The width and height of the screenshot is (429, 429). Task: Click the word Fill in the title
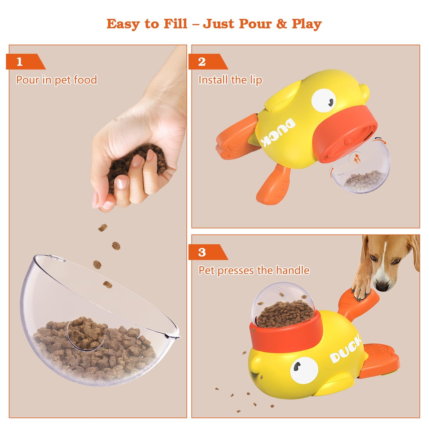[x=175, y=24]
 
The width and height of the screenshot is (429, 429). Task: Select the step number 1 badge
[x=20, y=62]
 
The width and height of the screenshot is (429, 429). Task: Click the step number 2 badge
[x=202, y=62]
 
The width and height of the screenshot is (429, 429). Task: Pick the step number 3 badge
[x=202, y=252]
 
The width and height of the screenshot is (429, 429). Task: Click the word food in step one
[x=85, y=80]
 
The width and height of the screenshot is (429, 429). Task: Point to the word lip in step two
[x=256, y=80]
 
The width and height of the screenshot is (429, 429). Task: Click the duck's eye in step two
[x=324, y=100]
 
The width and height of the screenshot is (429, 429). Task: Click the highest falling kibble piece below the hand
[x=103, y=228]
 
